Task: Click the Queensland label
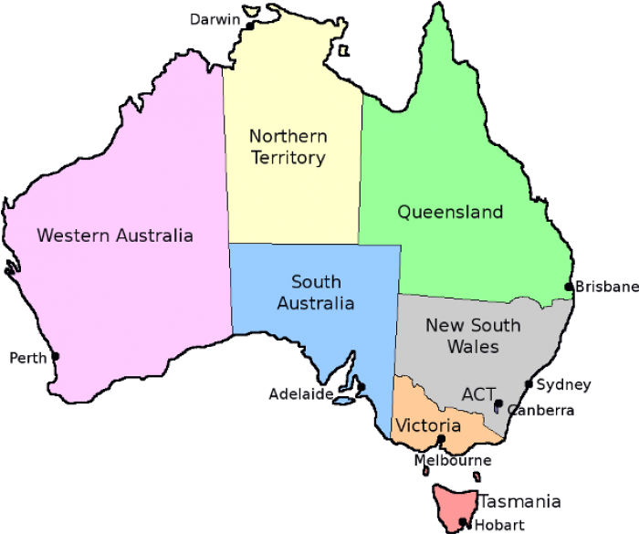click(x=450, y=213)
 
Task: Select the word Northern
click(x=288, y=136)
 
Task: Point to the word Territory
click(x=288, y=158)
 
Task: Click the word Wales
click(x=473, y=347)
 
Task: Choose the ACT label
click(x=478, y=394)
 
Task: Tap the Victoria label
click(x=426, y=426)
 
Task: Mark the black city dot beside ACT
click(x=499, y=403)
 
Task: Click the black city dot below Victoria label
click(x=440, y=442)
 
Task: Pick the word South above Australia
click(x=316, y=281)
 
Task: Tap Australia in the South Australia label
click(x=316, y=303)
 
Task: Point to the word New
click(x=444, y=325)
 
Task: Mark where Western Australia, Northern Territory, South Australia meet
click(x=228, y=243)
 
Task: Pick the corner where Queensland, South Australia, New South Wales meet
click(x=399, y=295)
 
